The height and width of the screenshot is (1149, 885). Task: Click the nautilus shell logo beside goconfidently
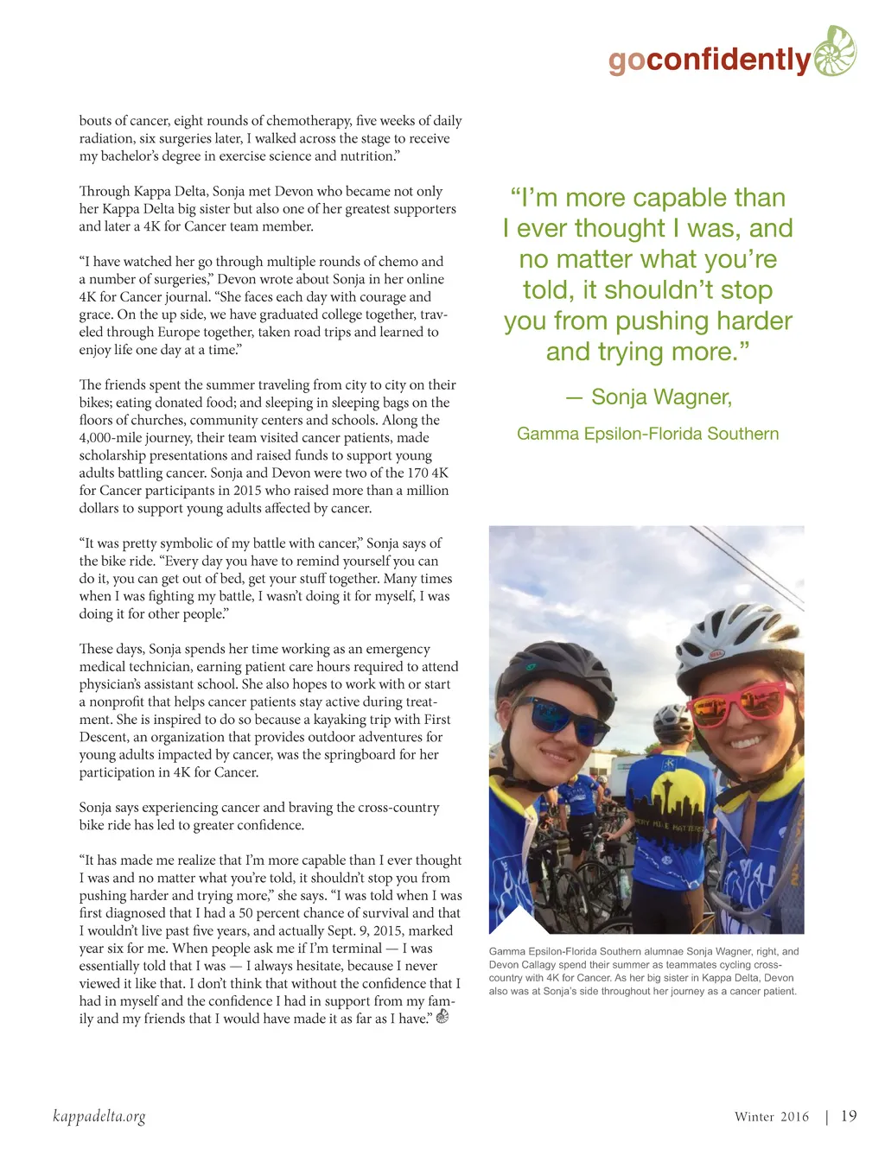point(835,51)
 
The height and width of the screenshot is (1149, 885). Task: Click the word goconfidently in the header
point(710,60)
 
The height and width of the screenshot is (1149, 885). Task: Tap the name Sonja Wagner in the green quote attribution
point(661,397)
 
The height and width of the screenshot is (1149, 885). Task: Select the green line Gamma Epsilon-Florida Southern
point(647,434)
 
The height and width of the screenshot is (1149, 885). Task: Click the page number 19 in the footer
point(849,1116)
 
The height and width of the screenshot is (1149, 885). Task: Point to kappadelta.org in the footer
point(99,1116)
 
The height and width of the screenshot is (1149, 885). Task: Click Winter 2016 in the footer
point(771,1117)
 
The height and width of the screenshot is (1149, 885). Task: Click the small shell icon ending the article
point(442,1017)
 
